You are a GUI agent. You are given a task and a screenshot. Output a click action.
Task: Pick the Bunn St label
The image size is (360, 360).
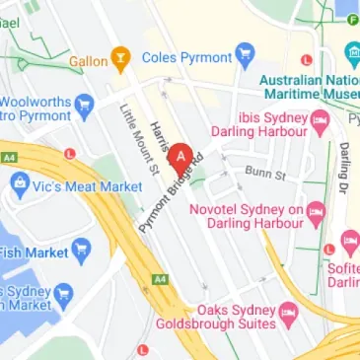(x=265, y=175)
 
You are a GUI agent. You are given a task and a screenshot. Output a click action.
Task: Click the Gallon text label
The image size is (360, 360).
(x=88, y=61)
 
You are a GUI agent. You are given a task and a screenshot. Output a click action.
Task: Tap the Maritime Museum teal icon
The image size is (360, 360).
(x=352, y=53)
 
